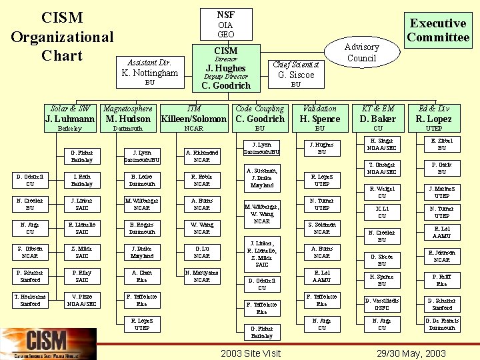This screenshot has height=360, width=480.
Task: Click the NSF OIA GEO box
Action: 225,24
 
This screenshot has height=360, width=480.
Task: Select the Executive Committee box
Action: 438,30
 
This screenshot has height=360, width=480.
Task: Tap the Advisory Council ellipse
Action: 361,52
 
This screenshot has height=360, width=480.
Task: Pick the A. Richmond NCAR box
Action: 202,156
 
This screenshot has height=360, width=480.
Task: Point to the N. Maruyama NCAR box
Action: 202,276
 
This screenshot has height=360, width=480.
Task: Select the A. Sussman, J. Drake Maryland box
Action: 262,178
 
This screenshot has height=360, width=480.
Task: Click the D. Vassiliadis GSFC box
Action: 382,304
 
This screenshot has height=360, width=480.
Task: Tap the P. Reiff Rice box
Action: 442,280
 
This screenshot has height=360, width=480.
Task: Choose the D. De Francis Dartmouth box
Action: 442,324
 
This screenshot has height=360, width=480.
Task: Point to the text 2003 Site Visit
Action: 250,353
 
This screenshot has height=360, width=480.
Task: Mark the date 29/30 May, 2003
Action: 411,353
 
